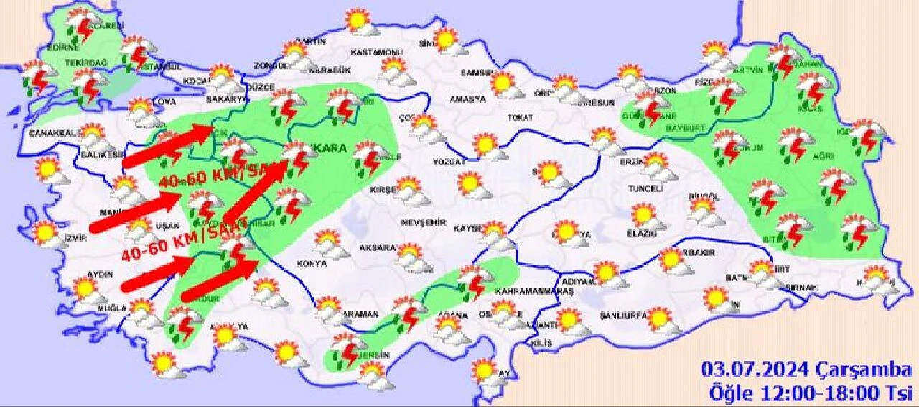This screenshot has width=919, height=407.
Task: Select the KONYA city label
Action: [311, 264]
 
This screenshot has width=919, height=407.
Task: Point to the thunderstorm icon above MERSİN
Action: [347, 350]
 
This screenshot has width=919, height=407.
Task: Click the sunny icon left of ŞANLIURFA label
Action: [569, 319]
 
